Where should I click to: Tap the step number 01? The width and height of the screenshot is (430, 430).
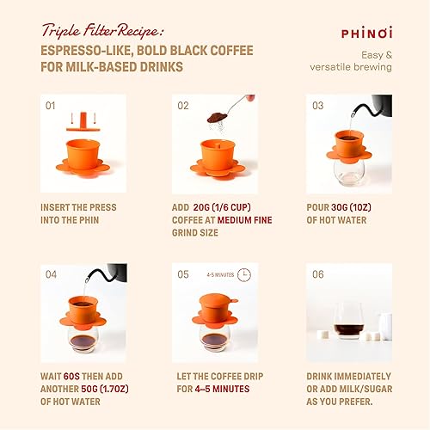point(50,106)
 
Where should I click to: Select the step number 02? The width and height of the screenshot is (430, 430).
point(183,106)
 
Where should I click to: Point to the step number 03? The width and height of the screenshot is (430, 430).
point(317,106)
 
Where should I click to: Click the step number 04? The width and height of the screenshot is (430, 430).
point(50,274)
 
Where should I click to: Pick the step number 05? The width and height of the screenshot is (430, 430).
point(183,274)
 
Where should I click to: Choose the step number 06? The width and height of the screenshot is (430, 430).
point(317,274)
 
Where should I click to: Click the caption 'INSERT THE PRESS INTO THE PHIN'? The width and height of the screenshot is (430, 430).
point(78,213)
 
